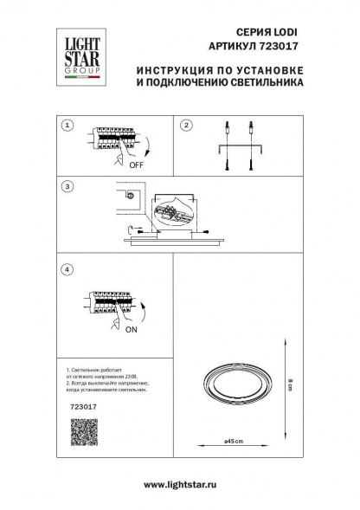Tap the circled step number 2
pos(184,126)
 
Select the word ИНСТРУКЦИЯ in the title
pos(168,71)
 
